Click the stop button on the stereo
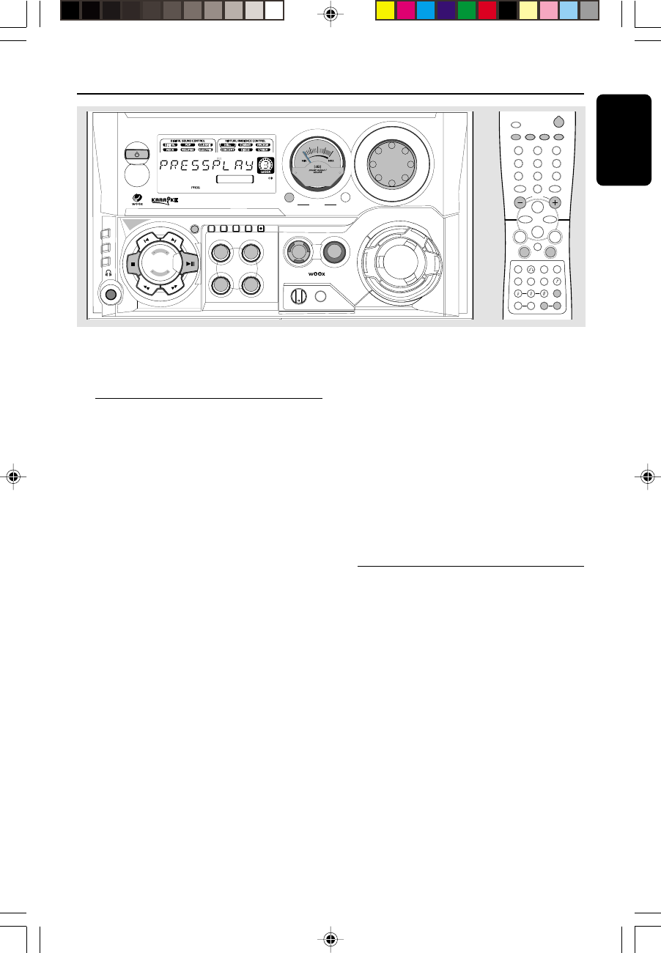point(133,262)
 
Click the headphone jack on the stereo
point(111,295)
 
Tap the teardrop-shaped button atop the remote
point(560,123)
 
